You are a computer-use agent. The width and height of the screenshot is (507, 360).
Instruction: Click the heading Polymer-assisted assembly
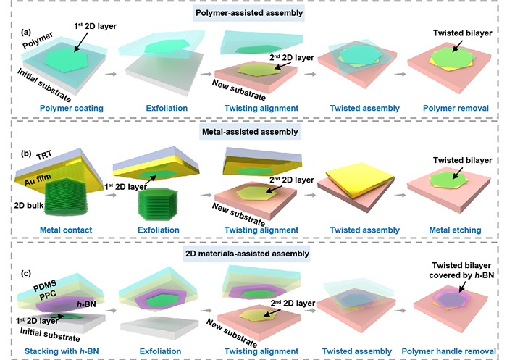point(249,13)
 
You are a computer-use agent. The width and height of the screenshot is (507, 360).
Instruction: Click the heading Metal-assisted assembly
point(250,132)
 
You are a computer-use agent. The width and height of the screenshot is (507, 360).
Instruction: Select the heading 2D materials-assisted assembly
point(248,254)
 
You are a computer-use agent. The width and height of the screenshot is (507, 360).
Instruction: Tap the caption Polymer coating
point(72,108)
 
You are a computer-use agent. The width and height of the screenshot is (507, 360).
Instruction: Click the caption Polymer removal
point(456,108)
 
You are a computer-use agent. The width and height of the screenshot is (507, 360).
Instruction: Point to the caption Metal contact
point(66,230)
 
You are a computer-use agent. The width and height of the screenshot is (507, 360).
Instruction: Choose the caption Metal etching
point(455,230)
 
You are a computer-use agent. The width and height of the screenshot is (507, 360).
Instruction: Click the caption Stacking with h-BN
point(62,351)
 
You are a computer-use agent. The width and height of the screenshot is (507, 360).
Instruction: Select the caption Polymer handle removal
point(448,351)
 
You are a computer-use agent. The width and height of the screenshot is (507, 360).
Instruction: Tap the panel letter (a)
point(26,33)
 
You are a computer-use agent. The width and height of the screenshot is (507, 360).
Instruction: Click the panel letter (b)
point(26,154)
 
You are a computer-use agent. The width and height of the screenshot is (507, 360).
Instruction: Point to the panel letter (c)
point(26,273)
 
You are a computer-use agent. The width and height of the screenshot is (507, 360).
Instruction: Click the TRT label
point(44,156)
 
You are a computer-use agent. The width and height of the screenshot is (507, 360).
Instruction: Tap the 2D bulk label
point(29,206)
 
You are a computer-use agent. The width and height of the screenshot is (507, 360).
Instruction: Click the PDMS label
point(45,286)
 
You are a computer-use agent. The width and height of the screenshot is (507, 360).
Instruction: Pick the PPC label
point(48,296)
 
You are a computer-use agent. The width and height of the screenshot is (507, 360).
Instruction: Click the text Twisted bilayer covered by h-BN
point(462,270)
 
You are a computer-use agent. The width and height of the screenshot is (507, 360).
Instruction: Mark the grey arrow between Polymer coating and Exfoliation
point(111,74)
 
